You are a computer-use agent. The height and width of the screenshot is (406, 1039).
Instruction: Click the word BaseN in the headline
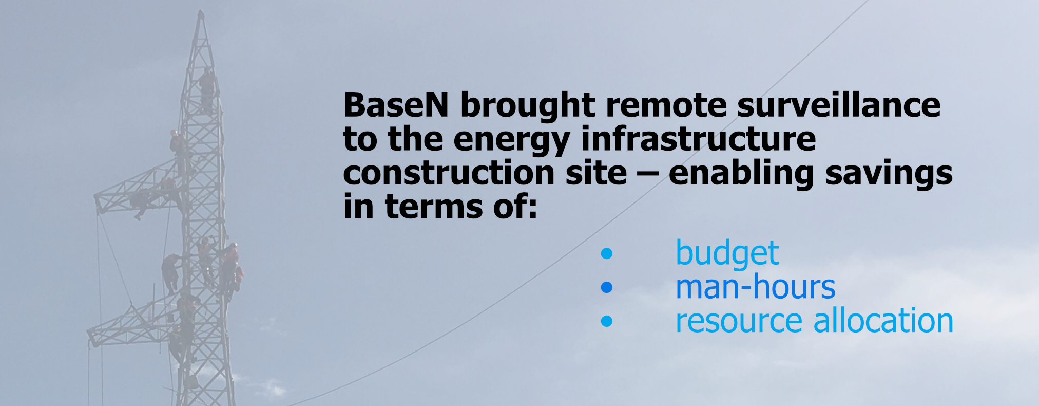point(396,105)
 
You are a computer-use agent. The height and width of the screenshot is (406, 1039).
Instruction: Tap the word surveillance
point(839,105)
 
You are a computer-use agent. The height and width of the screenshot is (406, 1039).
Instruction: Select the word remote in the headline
point(666,105)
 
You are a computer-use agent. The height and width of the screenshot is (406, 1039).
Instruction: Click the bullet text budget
point(727,253)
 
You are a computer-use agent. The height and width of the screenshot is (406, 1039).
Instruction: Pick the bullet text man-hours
point(756,287)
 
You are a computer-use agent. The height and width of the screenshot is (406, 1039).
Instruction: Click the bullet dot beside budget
point(607,253)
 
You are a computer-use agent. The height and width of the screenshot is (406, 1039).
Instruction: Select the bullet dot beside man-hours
point(607,287)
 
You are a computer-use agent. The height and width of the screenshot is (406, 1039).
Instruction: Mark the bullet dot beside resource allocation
point(607,321)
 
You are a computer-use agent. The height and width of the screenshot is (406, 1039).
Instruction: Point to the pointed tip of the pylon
point(201,11)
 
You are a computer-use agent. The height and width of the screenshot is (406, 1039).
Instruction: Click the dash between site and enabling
point(648,175)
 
